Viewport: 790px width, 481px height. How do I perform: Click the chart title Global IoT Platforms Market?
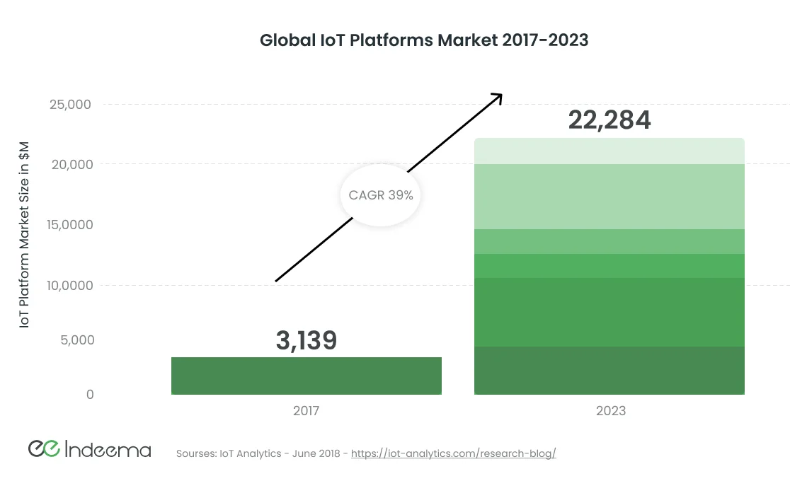(424, 40)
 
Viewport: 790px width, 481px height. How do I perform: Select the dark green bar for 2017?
(306, 376)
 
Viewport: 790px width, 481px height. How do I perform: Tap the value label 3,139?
(306, 340)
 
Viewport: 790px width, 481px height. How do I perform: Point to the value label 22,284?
(609, 120)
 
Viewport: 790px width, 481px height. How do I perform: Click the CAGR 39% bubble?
(381, 195)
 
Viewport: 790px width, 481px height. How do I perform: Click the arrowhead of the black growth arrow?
(498, 97)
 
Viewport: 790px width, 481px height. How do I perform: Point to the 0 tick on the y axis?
(89, 394)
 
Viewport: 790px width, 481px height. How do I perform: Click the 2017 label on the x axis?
(306, 410)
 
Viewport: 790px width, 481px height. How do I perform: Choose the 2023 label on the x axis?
(609, 410)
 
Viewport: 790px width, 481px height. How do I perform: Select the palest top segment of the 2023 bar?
(609, 151)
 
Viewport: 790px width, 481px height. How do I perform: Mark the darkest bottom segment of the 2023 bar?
(609, 370)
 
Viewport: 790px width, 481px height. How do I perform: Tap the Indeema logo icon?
(43, 448)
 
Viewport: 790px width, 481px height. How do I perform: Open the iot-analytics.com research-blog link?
(453, 453)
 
